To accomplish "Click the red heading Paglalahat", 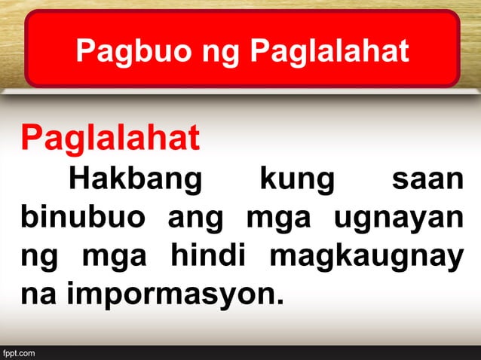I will pyautogui.click(x=110, y=138).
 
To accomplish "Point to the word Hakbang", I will pyautogui.click(x=136, y=181).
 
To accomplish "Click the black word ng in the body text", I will pyautogui.click(x=38, y=258).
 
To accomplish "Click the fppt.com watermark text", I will pyautogui.click(x=19, y=352).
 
